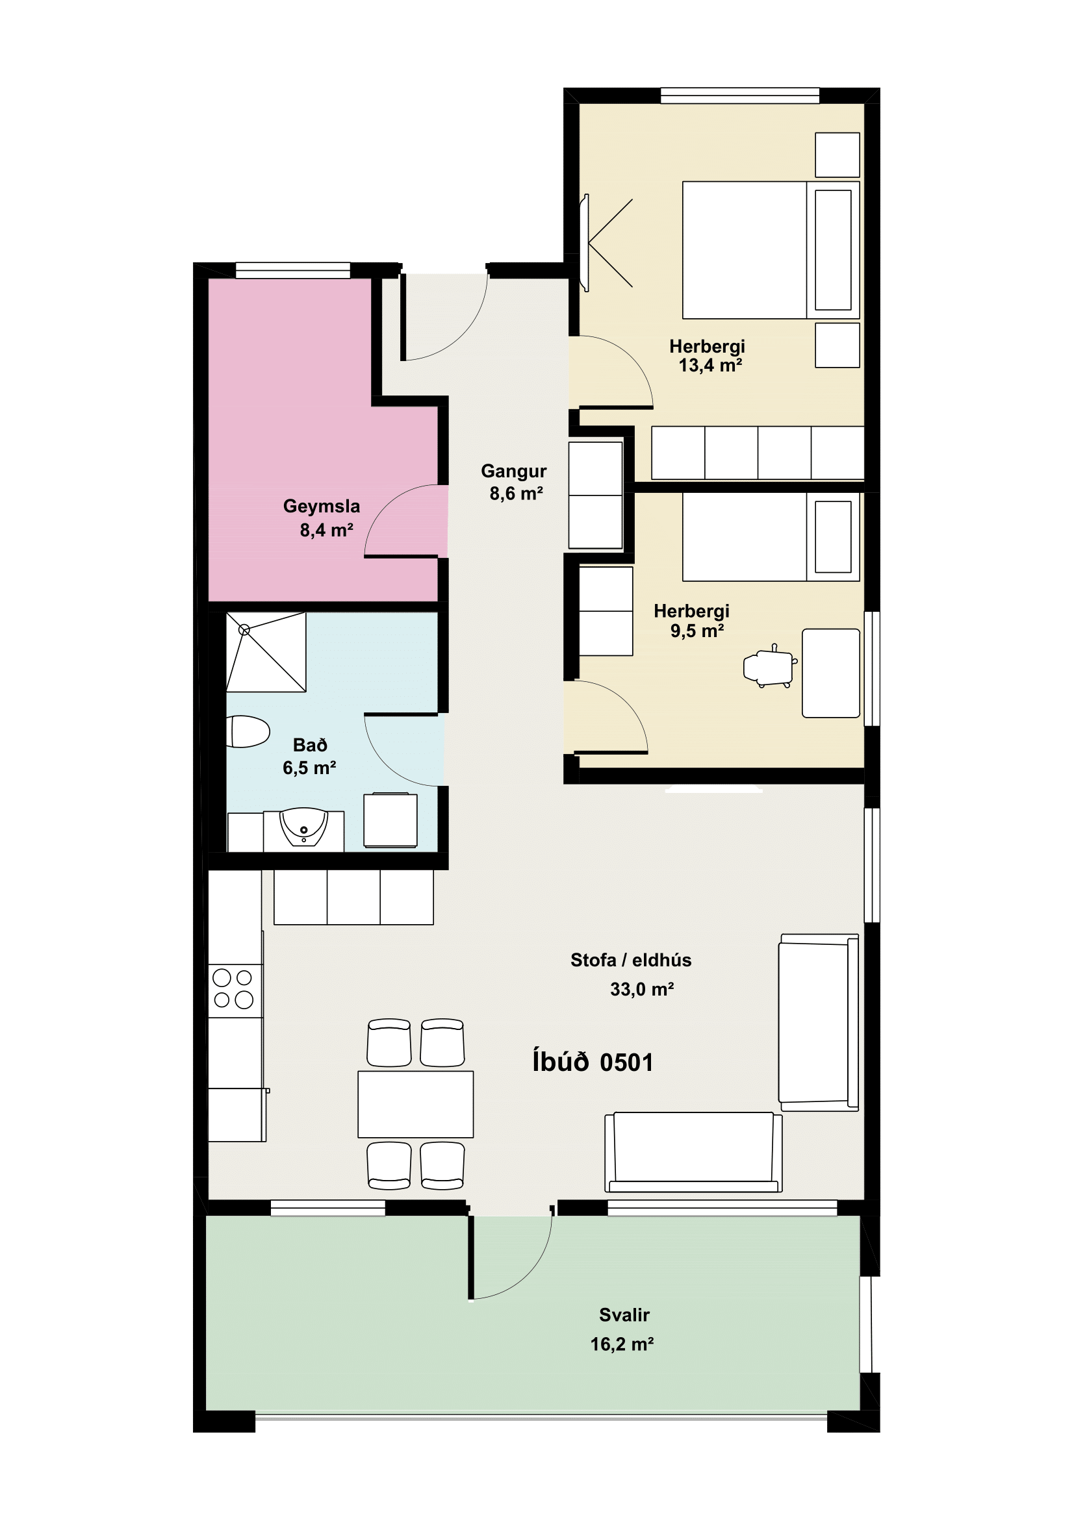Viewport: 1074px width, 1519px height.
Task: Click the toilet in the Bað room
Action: point(248,731)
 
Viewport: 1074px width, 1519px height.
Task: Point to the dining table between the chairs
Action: point(416,1104)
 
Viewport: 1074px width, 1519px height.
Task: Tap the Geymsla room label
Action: point(322,506)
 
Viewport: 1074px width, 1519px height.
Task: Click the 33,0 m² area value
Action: point(642,989)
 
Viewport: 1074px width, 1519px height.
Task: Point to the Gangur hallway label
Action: point(513,471)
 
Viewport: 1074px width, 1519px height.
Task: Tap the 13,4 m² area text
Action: point(710,365)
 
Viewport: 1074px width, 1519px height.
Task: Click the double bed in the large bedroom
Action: point(771,250)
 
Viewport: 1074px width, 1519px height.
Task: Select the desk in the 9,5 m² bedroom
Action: point(831,673)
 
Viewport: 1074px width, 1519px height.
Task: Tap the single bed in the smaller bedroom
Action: point(771,537)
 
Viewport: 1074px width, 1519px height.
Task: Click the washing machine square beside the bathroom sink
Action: point(390,820)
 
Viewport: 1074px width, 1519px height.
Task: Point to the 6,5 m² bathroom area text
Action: point(309,768)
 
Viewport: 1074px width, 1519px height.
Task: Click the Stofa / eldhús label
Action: point(631,960)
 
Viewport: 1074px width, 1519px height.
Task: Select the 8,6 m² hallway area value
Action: point(516,494)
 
